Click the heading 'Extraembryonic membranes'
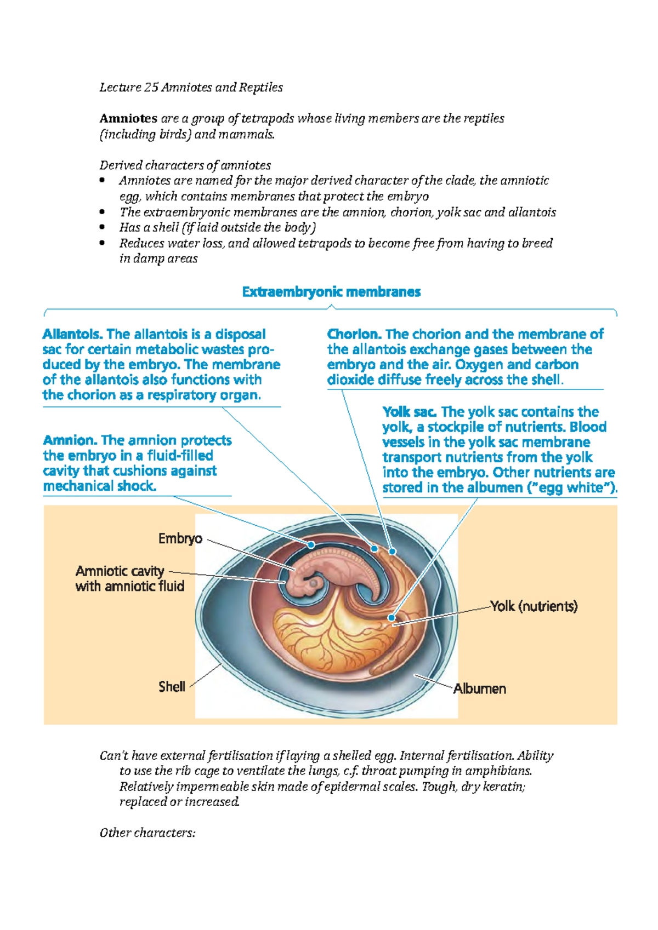[x=331, y=292]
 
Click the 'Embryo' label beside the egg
[x=180, y=539]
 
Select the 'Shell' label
[x=172, y=687]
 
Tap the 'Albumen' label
[x=479, y=689]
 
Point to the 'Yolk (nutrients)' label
[x=534, y=606]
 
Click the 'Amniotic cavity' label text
[x=120, y=571]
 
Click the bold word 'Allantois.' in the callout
[x=72, y=334]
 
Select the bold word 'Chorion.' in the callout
[x=354, y=334]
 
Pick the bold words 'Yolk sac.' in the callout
[x=410, y=412]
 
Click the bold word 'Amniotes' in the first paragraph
[x=128, y=118]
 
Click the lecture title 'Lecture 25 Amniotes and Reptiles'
[x=191, y=88]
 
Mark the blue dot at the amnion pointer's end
[x=311, y=545]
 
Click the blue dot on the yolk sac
[x=392, y=618]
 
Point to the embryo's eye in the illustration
[x=314, y=583]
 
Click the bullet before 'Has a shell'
[x=102, y=227]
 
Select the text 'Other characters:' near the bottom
[x=148, y=833]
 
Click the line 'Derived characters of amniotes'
[x=185, y=165]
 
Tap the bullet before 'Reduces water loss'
[x=102, y=243]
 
